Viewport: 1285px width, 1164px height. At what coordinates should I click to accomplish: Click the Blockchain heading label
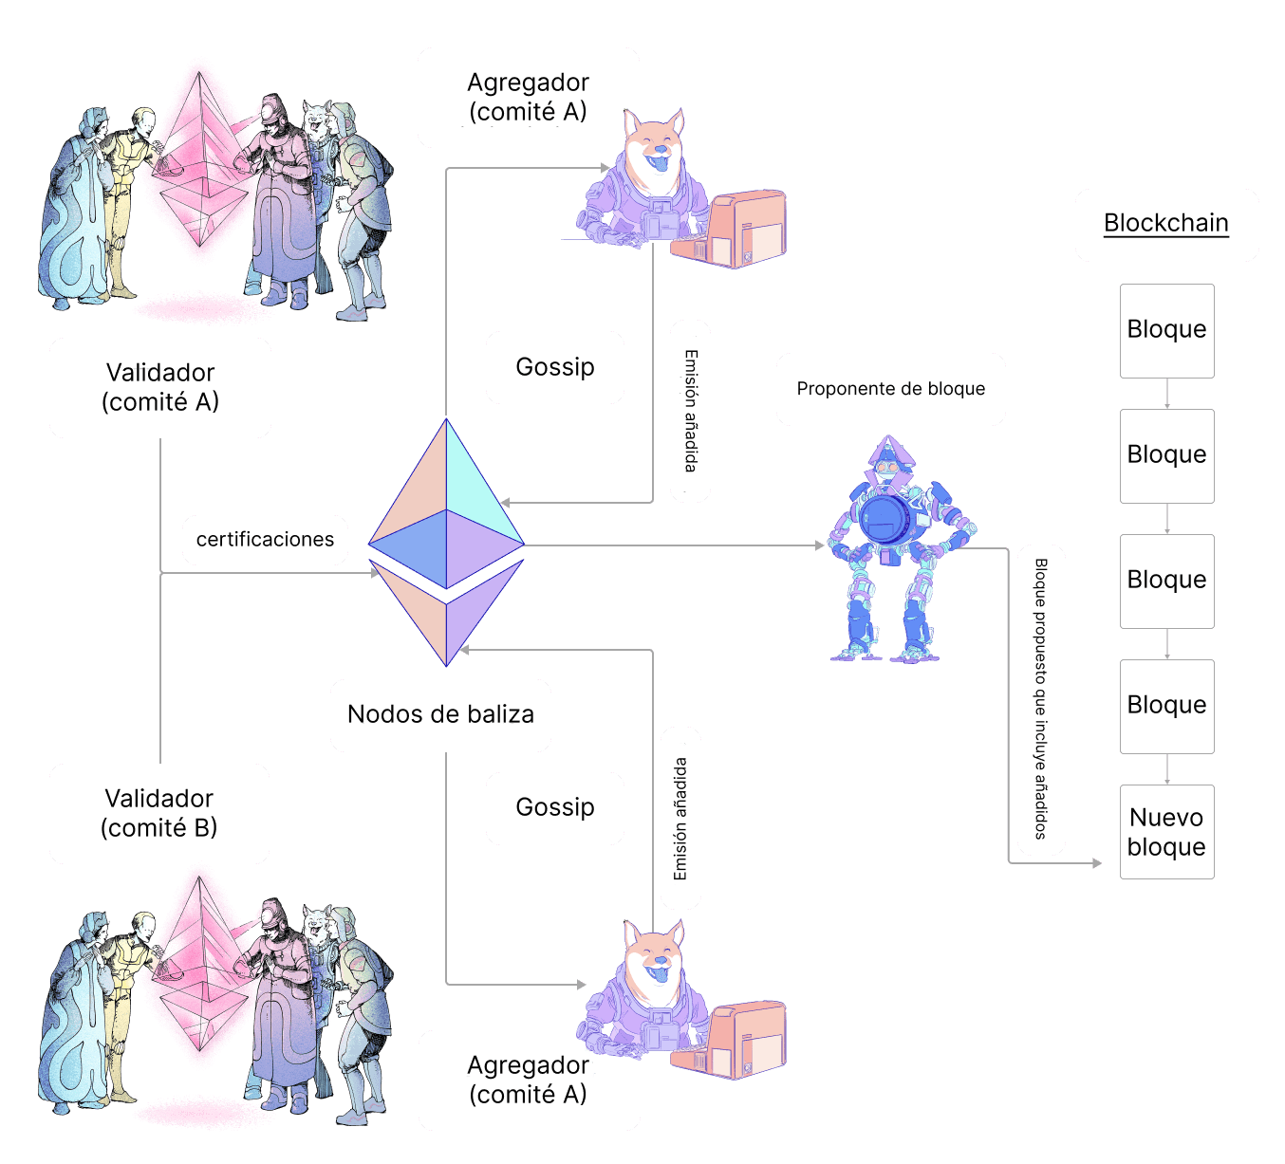[x=1166, y=224]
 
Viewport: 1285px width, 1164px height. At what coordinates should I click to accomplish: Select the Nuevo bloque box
[x=1166, y=832]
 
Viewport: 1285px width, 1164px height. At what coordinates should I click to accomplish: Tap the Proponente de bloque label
[x=890, y=389]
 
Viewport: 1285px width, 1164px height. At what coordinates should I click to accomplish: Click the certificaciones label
[x=265, y=540]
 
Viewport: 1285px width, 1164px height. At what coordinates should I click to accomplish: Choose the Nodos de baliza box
[x=440, y=714]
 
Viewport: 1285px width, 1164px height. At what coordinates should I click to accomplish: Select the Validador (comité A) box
[x=160, y=387]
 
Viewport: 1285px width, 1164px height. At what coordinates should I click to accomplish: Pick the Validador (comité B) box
[x=159, y=813]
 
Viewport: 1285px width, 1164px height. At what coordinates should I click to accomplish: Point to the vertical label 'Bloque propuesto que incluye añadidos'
[x=1041, y=699]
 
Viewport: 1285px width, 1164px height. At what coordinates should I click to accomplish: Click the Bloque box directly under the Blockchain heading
[x=1166, y=330]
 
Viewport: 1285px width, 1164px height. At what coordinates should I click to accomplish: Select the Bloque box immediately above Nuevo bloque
[x=1166, y=706]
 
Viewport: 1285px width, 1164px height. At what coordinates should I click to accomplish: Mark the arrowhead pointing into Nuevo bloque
[x=1098, y=863]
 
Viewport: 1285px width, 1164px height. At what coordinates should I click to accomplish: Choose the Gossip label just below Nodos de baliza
[x=554, y=807]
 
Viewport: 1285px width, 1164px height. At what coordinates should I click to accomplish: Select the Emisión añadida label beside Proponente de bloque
[x=690, y=410]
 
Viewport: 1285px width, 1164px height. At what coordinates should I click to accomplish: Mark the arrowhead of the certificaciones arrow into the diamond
[x=374, y=573]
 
